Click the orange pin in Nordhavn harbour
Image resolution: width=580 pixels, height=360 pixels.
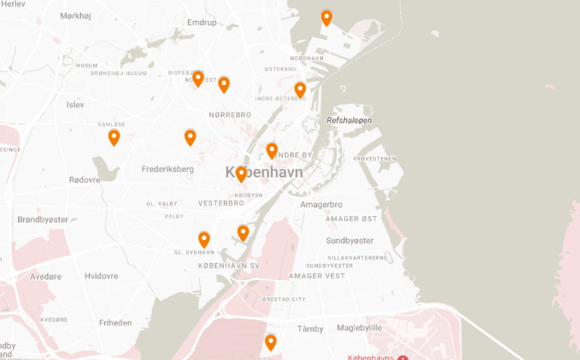[327, 18]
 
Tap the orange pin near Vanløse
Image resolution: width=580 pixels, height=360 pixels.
[114, 137]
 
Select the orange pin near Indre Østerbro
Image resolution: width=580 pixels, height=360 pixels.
[300, 90]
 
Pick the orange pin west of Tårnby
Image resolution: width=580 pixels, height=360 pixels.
[271, 343]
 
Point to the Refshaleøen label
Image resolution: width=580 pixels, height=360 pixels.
[349, 120]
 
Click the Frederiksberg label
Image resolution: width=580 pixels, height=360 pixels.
[168, 169]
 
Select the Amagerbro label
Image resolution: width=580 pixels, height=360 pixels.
[321, 204]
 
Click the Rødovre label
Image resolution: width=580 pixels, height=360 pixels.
[84, 180]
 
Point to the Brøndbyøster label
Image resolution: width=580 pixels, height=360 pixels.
[43, 220]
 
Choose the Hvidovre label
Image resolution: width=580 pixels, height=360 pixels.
[101, 276]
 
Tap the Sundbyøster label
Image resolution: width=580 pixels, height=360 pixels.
[349, 240]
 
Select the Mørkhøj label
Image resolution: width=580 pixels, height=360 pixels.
[75, 16]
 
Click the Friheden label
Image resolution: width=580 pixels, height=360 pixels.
[115, 323]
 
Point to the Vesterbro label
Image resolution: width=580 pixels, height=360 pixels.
[222, 203]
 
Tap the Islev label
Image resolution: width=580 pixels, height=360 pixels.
[76, 105]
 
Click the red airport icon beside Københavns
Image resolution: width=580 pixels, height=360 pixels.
[402, 358]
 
